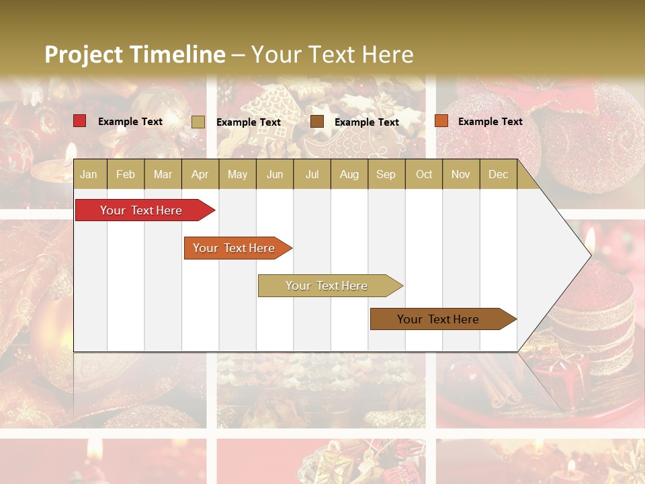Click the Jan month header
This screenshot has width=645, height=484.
point(89,174)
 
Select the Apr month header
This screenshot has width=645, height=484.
point(200,174)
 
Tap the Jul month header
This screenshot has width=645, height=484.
point(312,174)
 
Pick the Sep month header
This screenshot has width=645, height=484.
point(386,174)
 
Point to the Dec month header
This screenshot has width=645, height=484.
point(498,174)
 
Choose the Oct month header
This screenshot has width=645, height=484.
point(424,174)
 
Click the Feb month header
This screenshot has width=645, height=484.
point(126,174)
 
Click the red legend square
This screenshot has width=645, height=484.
point(80,121)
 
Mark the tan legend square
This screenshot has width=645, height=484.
point(198,122)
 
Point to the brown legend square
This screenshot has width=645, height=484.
point(317,122)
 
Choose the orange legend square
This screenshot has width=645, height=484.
point(441,121)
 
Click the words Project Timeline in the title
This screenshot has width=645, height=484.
point(134,54)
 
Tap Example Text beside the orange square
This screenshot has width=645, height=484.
point(490,122)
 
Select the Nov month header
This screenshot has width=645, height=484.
point(461,174)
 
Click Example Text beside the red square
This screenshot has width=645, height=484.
point(130,122)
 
